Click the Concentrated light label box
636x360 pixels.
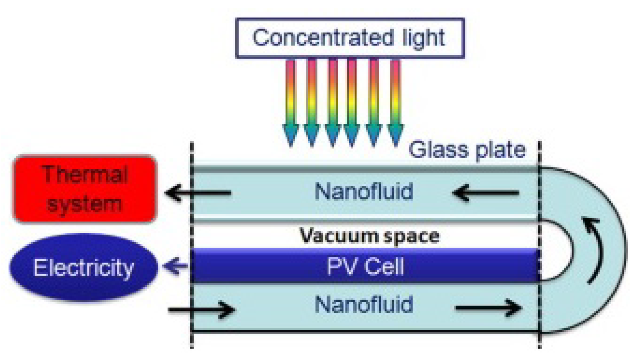click(x=350, y=38)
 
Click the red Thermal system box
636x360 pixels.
click(x=85, y=189)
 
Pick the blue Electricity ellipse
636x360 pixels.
click(x=84, y=267)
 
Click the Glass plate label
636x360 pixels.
click(x=467, y=150)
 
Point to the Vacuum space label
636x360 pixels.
click(x=369, y=236)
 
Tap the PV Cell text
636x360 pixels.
click(x=365, y=266)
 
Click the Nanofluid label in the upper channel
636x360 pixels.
click(x=364, y=191)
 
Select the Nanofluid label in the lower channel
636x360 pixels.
click(x=364, y=305)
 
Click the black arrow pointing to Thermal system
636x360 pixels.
click(x=198, y=192)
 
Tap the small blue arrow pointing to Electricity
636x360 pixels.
click(x=175, y=266)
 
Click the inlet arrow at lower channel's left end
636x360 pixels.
click(x=202, y=309)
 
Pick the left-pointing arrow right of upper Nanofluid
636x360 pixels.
click(x=486, y=192)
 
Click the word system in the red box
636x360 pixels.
click(x=84, y=204)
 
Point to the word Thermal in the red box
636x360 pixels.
click(x=85, y=174)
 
